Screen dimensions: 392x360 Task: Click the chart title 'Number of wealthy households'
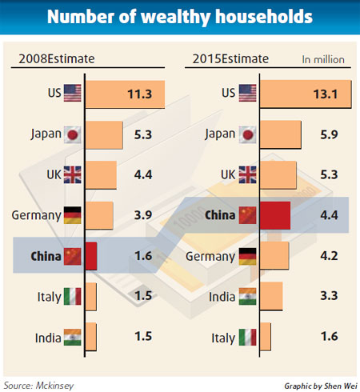click(180, 18)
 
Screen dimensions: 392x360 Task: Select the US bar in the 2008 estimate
click(125, 93)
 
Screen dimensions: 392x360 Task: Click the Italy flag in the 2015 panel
click(248, 338)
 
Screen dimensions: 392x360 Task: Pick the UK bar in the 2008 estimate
click(101, 174)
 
